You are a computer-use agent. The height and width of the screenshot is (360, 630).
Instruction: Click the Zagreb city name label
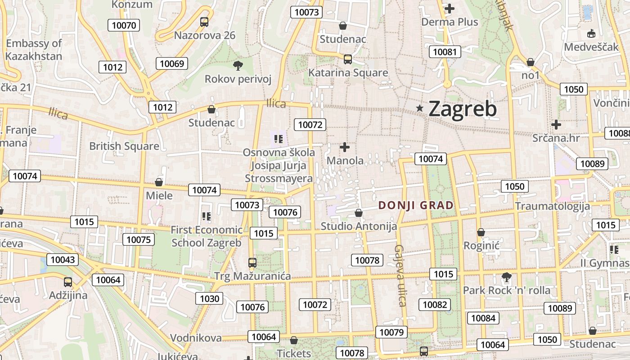pos(463,109)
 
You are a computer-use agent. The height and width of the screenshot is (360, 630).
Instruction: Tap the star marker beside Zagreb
pos(420,108)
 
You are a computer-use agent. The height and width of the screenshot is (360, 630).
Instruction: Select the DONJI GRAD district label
pos(416,206)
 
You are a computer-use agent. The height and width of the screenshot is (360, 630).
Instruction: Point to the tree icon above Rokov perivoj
pos(238,66)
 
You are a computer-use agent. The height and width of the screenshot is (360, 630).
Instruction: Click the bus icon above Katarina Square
pos(347,59)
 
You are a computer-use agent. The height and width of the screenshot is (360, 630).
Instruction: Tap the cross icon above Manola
pos(345,147)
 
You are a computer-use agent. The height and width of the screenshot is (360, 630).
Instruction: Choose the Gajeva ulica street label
pos(400,275)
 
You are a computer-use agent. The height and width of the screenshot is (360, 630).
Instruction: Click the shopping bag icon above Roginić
pos(481,232)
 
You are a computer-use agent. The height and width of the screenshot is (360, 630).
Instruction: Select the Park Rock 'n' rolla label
pos(507,290)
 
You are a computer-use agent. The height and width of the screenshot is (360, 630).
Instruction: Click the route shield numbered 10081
pos(445,52)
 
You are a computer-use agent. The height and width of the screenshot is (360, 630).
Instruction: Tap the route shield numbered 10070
pos(124,25)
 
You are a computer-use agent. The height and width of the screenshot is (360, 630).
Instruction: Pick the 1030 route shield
pos(209,298)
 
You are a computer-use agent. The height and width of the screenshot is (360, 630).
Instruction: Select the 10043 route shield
pos(63,260)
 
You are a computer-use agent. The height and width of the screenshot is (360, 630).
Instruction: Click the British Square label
pos(124,146)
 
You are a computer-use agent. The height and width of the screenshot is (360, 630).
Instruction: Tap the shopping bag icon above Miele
pos(158,182)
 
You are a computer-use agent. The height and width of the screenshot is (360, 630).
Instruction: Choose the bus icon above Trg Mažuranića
pos(252,262)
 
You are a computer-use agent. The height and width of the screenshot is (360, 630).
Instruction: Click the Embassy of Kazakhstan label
pos(34,49)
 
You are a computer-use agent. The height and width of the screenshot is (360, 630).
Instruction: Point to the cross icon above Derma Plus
pos(449,8)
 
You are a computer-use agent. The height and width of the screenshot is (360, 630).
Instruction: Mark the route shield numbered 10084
pos(483,318)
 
